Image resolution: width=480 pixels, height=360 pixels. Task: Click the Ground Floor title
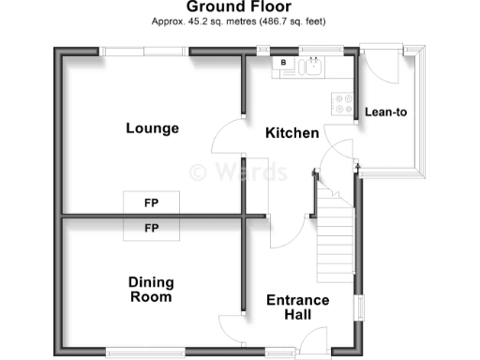click(240, 7)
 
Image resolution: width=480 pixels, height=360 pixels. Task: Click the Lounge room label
click(153, 128)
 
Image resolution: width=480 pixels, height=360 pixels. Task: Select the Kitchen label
click(292, 134)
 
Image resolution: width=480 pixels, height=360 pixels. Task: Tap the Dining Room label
click(151, 289)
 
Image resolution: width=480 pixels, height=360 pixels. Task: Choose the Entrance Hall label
click(297, 307)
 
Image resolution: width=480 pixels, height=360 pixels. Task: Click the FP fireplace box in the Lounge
click(150, 202)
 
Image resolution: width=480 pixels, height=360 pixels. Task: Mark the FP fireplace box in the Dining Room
click(150, 228)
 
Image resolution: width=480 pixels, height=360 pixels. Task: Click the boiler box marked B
click(283, 63)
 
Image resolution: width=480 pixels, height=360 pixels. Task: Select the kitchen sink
click(311, 66)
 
